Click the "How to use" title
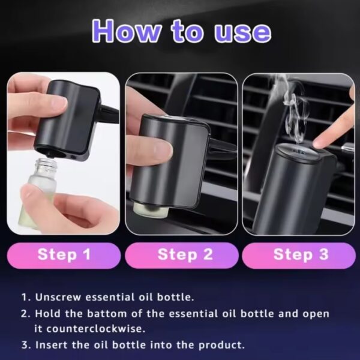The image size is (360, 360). [181, 31]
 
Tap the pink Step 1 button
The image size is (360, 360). [64, 256]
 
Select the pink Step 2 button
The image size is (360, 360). [182, 256]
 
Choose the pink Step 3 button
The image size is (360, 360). [299, 256]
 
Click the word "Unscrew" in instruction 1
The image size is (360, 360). [58, 297]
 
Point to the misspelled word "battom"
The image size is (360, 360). [107, 314]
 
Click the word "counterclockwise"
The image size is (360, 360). [96, 329]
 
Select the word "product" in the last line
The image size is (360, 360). [221, 345]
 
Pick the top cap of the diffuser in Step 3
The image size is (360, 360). [298, 154]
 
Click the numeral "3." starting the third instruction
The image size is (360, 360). [26, 345]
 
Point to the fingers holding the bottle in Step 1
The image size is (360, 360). [69, 206]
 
